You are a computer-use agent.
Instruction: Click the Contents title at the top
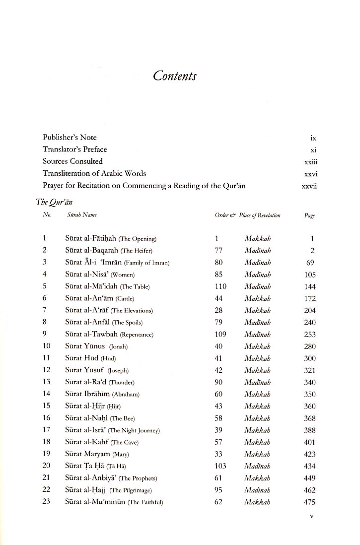click(175, 76)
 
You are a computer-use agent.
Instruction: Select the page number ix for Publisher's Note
click(312, 137)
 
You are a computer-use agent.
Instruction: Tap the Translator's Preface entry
click(74, 149)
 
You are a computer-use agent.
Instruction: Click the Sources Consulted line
click(72, 161)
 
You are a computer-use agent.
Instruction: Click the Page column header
click(309, 215)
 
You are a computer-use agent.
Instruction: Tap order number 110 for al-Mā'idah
click(221, 286)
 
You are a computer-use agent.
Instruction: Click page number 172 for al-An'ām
click(309, 299)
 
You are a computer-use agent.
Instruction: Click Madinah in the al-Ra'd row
click(258, 382)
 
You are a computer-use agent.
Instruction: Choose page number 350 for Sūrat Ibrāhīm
click(309, 395)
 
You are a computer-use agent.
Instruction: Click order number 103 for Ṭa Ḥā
click(220, 466)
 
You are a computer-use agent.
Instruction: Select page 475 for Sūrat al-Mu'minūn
click(309, 502)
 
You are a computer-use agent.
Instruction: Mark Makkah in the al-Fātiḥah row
click(258, 239)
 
